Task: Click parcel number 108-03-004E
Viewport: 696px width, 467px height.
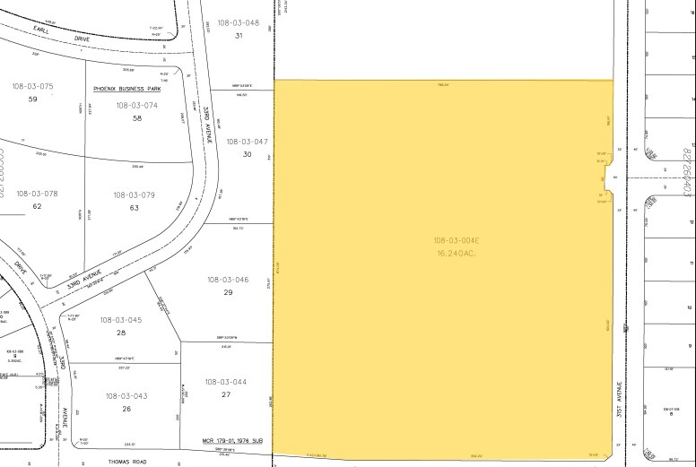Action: coord(457,240)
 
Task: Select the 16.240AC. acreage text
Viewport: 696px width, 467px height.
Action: coord(457,253)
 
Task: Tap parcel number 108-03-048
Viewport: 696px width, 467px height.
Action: coord(239,22)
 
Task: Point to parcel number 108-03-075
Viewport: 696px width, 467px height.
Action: coord(33,86)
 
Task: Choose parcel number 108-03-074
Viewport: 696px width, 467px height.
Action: coord(136,105)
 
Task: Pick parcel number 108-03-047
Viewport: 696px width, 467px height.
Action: coord(248,142)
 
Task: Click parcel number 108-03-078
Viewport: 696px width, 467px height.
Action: coord(37,194)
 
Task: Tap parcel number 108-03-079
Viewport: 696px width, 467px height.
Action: coord(134,195)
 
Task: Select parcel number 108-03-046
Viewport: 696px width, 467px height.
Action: coord(228,280)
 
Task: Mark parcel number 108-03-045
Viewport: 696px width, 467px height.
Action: coord(121,320)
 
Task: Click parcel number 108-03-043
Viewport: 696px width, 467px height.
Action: coord(126,396)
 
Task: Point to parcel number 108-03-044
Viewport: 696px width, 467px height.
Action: coord(226,382)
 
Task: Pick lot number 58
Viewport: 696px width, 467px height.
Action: coord(136,118)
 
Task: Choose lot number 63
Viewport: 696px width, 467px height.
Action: coord(135,208)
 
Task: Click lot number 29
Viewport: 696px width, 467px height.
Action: coord(228,293)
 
